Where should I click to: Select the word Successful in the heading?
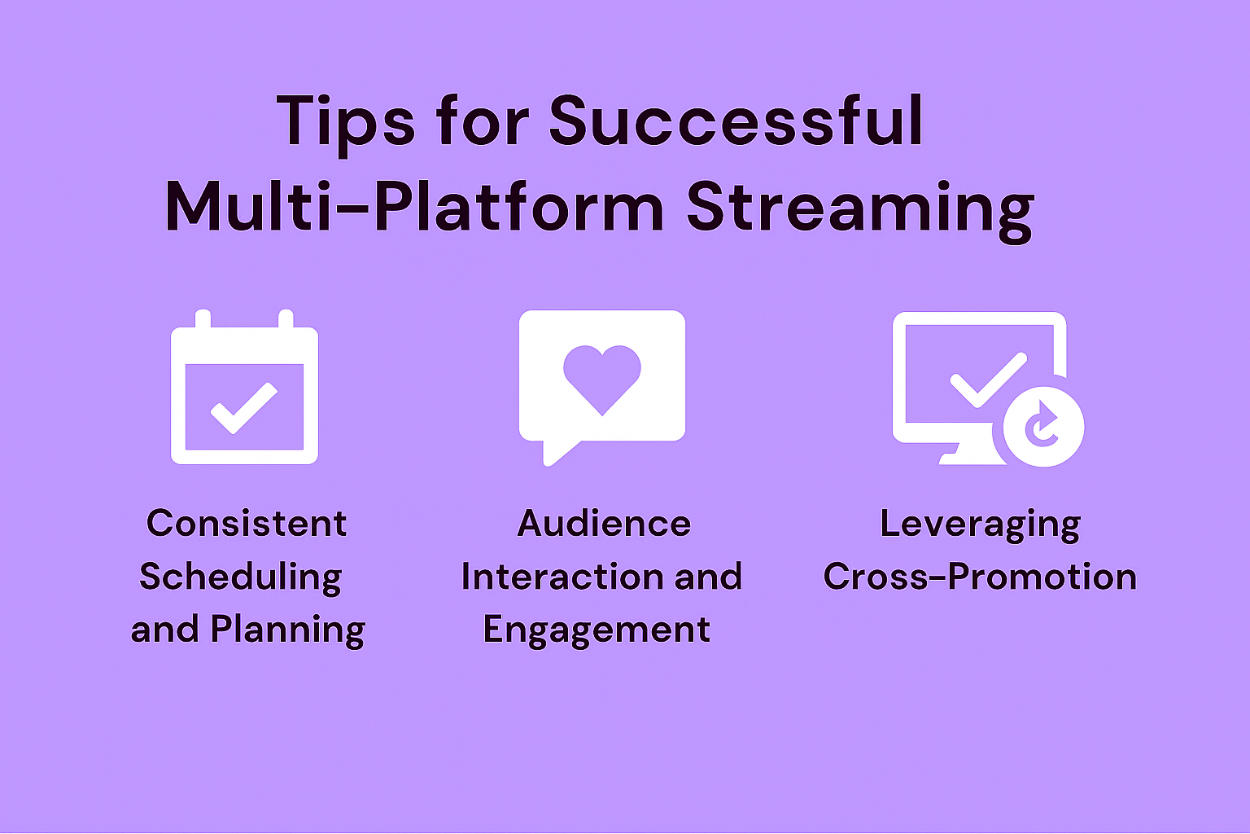[736, 121]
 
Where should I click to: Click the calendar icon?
[244, 387]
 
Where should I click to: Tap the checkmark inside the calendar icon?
[244, 408]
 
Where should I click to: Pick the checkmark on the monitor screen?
[988, 380]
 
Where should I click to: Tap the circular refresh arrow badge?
[1043, 427]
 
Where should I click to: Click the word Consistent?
[246, 524]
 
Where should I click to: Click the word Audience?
[605, 524]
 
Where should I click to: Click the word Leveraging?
[981, 525]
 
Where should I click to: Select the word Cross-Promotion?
[980, 577]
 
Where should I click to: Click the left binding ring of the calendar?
[203, 318]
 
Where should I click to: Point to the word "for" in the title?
[482, 121]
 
